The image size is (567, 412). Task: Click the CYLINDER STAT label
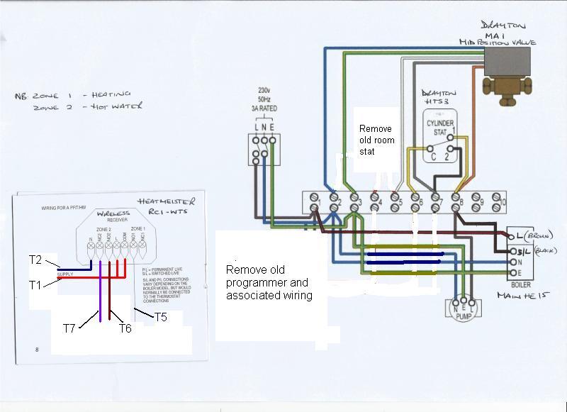coord(439,128)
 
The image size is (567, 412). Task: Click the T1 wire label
coord(35,285)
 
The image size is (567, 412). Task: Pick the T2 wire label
coord(35,260)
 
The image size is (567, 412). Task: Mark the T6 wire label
coord(125,328)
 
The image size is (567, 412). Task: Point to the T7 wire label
coord(69,328)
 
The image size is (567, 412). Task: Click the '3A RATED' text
coord(264,108)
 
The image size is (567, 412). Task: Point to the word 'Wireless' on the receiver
coord(112,213)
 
